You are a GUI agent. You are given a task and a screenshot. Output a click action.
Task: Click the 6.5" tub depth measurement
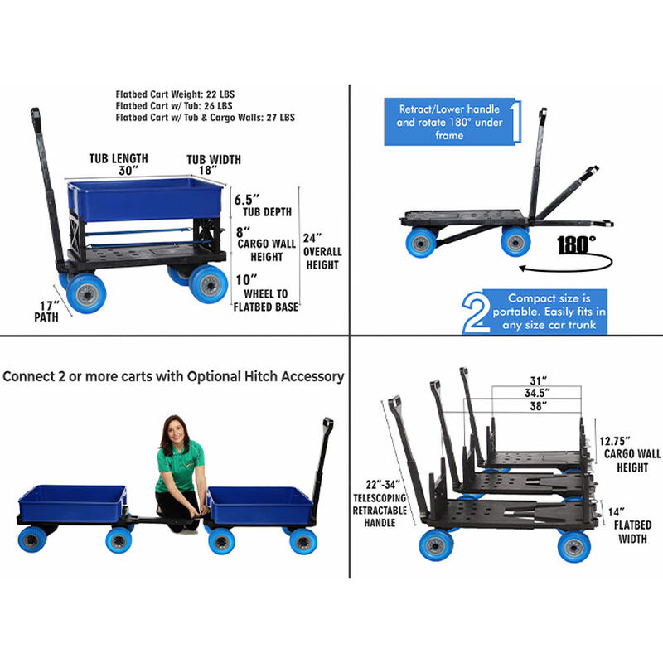pyautogui.click(x=246, y=200)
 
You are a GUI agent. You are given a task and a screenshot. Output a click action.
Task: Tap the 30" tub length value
pyautogui.click(x=128, y=171)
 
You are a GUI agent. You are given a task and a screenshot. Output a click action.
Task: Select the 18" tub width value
pyautogui.click(x=208, y=171)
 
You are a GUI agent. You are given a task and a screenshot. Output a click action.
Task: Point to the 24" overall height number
pyautogui.click(x=312, y=238)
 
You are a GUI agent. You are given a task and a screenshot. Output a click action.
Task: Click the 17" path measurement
pyautogui.click(x=50, y=305)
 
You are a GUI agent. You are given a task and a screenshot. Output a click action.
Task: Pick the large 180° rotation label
pyautogui.click(x=576, y=244)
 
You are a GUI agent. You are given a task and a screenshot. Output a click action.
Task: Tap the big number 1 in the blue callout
pyautogui.click(x=515, y=121)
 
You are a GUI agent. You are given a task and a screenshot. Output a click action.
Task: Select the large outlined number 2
pyautogui.click(x=477, y=313)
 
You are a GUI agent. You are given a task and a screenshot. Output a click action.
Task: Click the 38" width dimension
pyautogui.click(x=538, y=406)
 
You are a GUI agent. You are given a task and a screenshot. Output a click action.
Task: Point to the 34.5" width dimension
pyautogui.click(x=537, y=393)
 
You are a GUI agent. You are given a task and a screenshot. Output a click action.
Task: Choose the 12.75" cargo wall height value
pyautogui.click(x=615, y=441)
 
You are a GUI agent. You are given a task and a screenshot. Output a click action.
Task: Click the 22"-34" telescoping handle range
pyautogui.click(x=383, y=485)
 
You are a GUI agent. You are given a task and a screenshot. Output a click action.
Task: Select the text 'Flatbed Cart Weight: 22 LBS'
pyautogui.click(x=175, y=94)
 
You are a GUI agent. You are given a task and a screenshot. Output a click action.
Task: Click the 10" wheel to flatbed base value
pyautogui.click(x=246, y=280)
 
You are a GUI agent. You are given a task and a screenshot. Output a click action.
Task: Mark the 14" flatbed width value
pyautogui.click(x=616, y=512)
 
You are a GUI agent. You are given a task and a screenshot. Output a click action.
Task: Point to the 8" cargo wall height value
pyautogui.click(x=243, y=232)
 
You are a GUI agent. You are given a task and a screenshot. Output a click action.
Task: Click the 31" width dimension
pyautogui.click(x=538, y=380)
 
